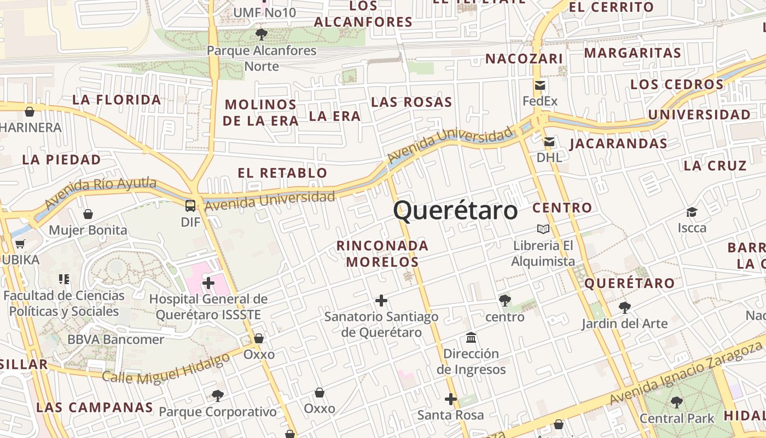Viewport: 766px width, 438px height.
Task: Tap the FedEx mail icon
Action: [540, 85]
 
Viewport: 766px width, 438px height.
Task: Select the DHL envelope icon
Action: [549, 142]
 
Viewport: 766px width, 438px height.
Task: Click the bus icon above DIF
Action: [190, 206]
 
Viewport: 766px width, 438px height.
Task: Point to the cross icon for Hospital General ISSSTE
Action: [208, 283]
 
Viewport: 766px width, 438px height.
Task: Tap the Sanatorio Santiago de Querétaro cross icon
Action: [381, 301]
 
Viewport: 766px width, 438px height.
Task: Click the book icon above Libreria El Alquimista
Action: [543, 229]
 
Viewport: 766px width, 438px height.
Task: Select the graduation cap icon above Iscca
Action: [692, 212]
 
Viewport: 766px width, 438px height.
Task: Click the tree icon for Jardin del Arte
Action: [624, 307]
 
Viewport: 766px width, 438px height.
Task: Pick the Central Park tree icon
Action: [677, 402]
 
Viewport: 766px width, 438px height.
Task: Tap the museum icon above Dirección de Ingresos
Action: [471, 337]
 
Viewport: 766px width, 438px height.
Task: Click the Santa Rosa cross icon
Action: [451, 399]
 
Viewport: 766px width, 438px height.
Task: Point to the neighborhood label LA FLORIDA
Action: [117, 100]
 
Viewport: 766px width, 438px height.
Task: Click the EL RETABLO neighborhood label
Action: [282, 173]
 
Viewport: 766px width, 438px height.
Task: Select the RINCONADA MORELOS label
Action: [382, 253]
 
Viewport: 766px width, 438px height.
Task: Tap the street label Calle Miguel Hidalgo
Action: [166, 370]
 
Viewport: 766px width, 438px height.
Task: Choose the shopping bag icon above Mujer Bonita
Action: [88, 214]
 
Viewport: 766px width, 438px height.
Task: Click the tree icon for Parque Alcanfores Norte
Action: [262, 34]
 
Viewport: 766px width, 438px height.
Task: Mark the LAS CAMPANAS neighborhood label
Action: [94, 407]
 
